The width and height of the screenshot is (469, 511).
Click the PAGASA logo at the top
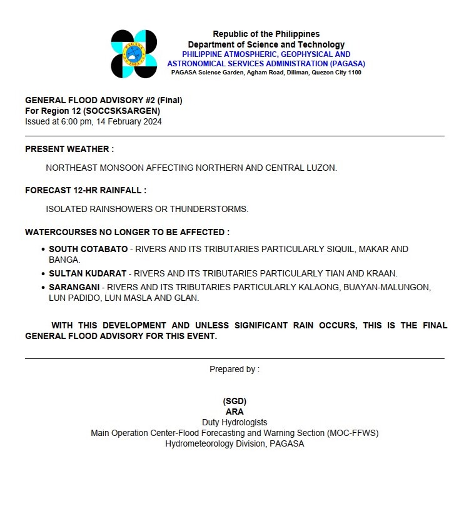point(134,54)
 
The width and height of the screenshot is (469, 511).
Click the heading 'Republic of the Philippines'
point(266,34)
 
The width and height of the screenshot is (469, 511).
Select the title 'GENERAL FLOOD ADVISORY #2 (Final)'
point(104,100)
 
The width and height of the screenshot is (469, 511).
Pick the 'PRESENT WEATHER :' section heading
point(69,149)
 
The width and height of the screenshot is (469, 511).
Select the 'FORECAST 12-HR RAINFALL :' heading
point(86,190)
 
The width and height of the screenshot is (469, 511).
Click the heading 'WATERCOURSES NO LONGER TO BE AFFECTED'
point(127,232)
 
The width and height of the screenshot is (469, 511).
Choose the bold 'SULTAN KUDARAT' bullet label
point(88,273)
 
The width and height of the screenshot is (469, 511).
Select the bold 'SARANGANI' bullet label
point(74,287)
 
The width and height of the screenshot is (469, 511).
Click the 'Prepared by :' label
point(234,369)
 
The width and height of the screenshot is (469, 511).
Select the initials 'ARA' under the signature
point(234,412)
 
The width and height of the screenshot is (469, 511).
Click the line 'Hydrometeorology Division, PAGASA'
point(234,443)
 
